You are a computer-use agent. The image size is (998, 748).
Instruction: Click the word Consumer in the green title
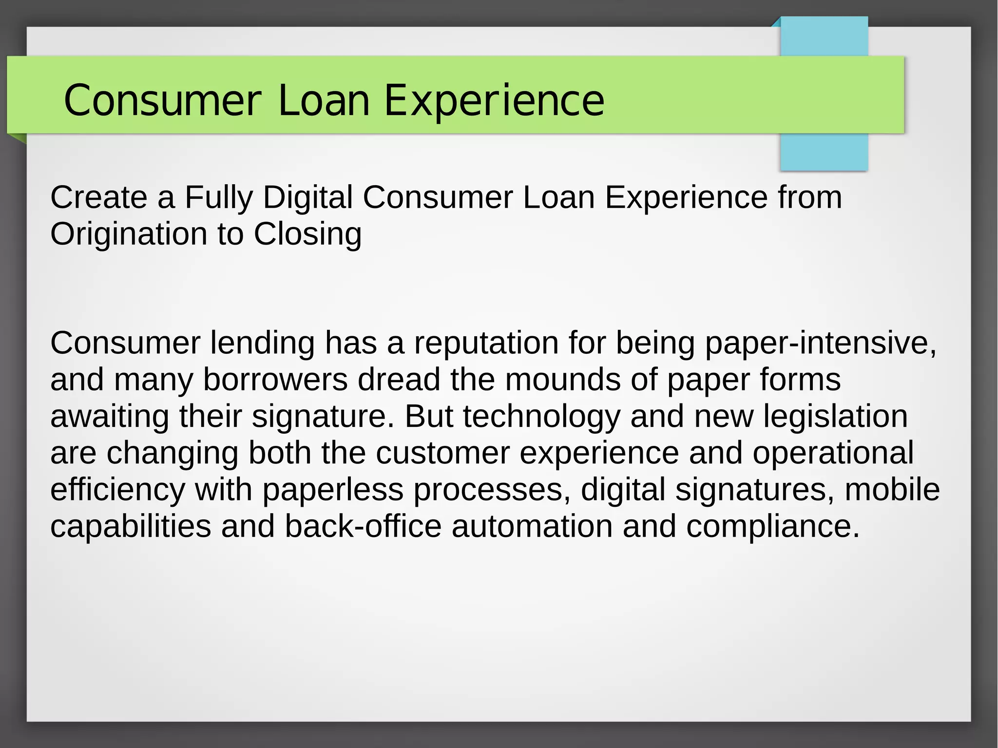pos(162,101)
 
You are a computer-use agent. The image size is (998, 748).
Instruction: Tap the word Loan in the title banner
pos(324,101)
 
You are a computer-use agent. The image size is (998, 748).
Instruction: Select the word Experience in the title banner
pos(494,101)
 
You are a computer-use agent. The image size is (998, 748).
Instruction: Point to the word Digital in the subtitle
pos(307,197)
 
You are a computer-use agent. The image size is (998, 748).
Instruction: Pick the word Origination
pos(129,234)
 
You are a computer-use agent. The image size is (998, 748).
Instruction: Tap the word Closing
pos(307,234)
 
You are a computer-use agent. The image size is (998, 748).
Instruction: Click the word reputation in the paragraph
pos(486,343)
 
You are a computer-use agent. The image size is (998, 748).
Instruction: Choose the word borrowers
pos(275,380)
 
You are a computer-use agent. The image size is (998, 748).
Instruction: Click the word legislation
pos(835,417)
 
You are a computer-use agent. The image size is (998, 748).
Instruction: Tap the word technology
pos(541,417)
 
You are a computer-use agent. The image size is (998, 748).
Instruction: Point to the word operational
pos(833,453)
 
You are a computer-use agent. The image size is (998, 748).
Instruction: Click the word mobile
pos(892,490)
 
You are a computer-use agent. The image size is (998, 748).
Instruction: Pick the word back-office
pos(363,526)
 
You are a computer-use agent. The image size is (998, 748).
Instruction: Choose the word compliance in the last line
pos(773,527)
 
